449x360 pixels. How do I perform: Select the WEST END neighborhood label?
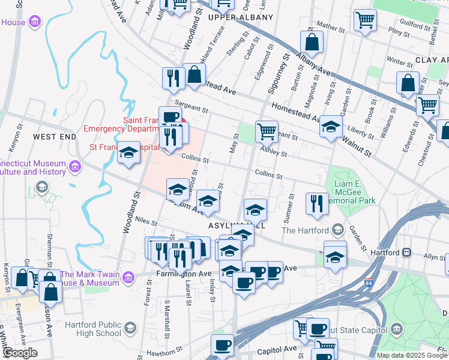click(x=55, y=137)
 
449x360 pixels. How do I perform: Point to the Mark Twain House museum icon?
click(x=128, y=277)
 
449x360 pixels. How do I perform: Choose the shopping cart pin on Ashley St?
click(x=267, y=131)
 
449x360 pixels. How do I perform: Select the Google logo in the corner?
click(x=20, y=353)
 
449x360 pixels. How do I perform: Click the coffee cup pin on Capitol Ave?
click(x=222, y=346)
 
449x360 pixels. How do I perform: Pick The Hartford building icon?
click(x=337, y=230)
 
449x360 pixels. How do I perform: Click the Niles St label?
click(x=147, y=222)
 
